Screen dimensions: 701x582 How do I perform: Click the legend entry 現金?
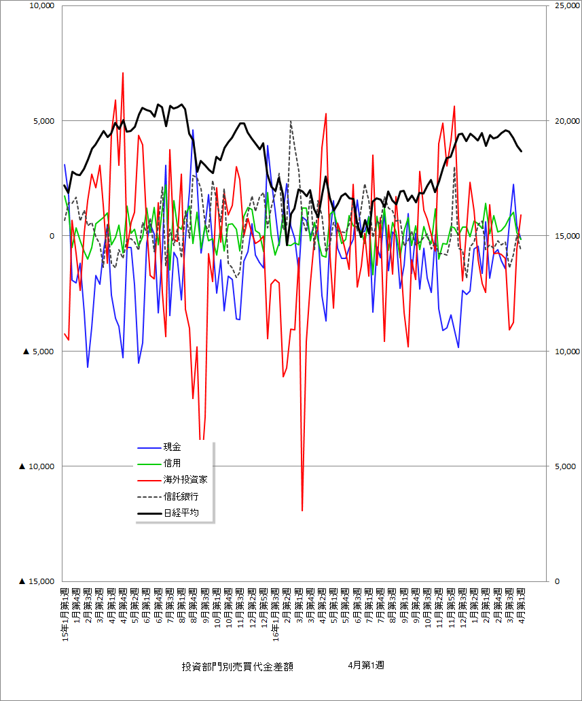click(x=172, y=447)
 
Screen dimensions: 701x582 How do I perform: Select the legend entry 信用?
click(x=172, y=463)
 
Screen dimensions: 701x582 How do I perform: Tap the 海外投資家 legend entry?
click(x=185, y=479)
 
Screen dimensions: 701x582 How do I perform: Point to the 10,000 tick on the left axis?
click(x=40, y=6)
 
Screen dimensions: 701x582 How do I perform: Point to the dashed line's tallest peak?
click(x=291, y=122)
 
